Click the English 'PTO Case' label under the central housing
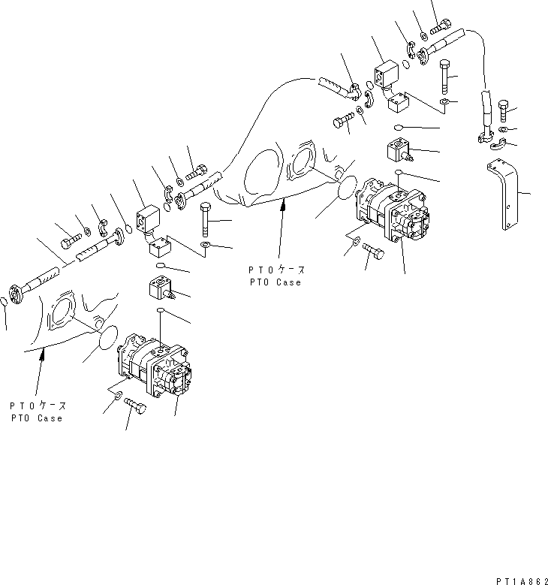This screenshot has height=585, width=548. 276,282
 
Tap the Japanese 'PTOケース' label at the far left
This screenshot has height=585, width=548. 38,406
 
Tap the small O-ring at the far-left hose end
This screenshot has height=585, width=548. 5,301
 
